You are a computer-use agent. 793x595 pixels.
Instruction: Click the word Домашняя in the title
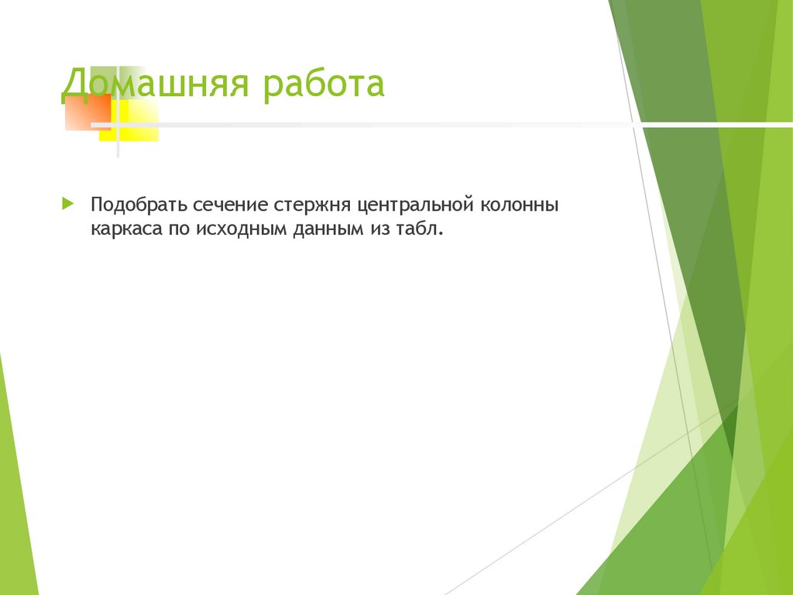click(x=154, y=84)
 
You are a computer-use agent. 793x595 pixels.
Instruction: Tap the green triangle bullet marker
click(x=68, y=205)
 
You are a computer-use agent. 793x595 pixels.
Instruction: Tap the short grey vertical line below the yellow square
click(x=118, y=150)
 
